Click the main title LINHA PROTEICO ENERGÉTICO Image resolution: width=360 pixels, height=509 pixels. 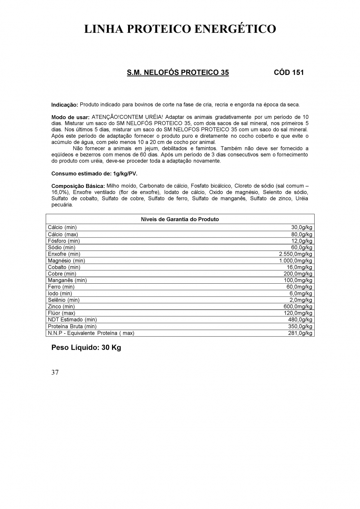click(x=180, y=29)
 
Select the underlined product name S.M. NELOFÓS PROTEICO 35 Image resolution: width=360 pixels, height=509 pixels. click(x=178, y=72)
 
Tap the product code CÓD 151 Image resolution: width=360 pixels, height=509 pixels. click(x=289, y=72)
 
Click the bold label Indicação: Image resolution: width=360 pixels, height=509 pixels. click(x=65, y=105)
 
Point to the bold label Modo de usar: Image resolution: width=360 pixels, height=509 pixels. click(x=70, y=117)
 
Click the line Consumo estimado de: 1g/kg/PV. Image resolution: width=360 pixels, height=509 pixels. click(x=94, y=174)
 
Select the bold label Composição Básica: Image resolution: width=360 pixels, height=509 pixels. click(x=78, y=186)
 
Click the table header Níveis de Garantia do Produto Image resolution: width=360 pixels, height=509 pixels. click(x=180, y=219)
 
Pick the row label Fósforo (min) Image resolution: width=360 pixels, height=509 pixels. click(x=64, y=241)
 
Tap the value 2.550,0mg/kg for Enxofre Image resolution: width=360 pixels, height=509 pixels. click(x=296, y=254)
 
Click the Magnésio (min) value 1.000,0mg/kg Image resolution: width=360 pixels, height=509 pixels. click(x=296, y=261)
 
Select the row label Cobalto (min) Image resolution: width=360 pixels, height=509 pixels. click(x=64, y=267)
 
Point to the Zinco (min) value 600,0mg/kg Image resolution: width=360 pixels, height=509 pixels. click(x=298, y=307)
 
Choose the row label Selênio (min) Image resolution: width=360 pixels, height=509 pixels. click(x=64, y=300)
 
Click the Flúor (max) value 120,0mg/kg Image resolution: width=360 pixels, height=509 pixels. click(x=298, y=313)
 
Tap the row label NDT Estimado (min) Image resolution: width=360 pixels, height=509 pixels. click(x=72, y=320)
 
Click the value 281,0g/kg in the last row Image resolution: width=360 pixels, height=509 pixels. click(x=301, y=333)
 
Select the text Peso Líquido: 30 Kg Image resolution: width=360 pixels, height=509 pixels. click(x=86, y=348)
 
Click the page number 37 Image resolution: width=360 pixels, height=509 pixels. click(x=55, y=373)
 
